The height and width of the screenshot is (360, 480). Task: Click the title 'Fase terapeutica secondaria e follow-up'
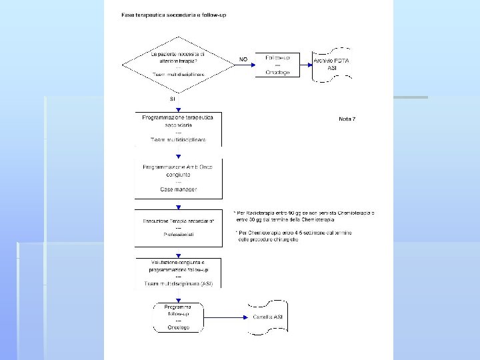(174, 15)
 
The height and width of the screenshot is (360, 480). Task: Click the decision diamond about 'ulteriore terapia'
(178, 65)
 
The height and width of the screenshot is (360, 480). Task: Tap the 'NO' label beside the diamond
(243, 59)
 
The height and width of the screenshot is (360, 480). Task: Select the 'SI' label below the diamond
(172, 99)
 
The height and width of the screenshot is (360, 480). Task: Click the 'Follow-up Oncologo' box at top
(277, 65)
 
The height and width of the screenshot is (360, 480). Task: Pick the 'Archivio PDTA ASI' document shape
(332, 65)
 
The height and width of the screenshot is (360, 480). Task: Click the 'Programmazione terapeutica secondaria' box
(178, 128)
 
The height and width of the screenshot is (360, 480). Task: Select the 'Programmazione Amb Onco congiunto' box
(178, 178)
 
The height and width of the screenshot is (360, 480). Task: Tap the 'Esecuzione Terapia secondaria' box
(178, 227)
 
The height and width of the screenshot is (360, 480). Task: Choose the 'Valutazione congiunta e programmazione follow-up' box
(178, 273)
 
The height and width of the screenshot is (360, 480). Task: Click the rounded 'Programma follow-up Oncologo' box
(178, 317)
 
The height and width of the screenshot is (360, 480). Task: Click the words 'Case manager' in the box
(178, 189)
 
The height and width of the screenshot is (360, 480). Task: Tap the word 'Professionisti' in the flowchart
(178, 235)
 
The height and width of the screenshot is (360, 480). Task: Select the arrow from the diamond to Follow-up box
(244, 65)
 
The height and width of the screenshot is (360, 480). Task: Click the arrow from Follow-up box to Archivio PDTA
(307, 65)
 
